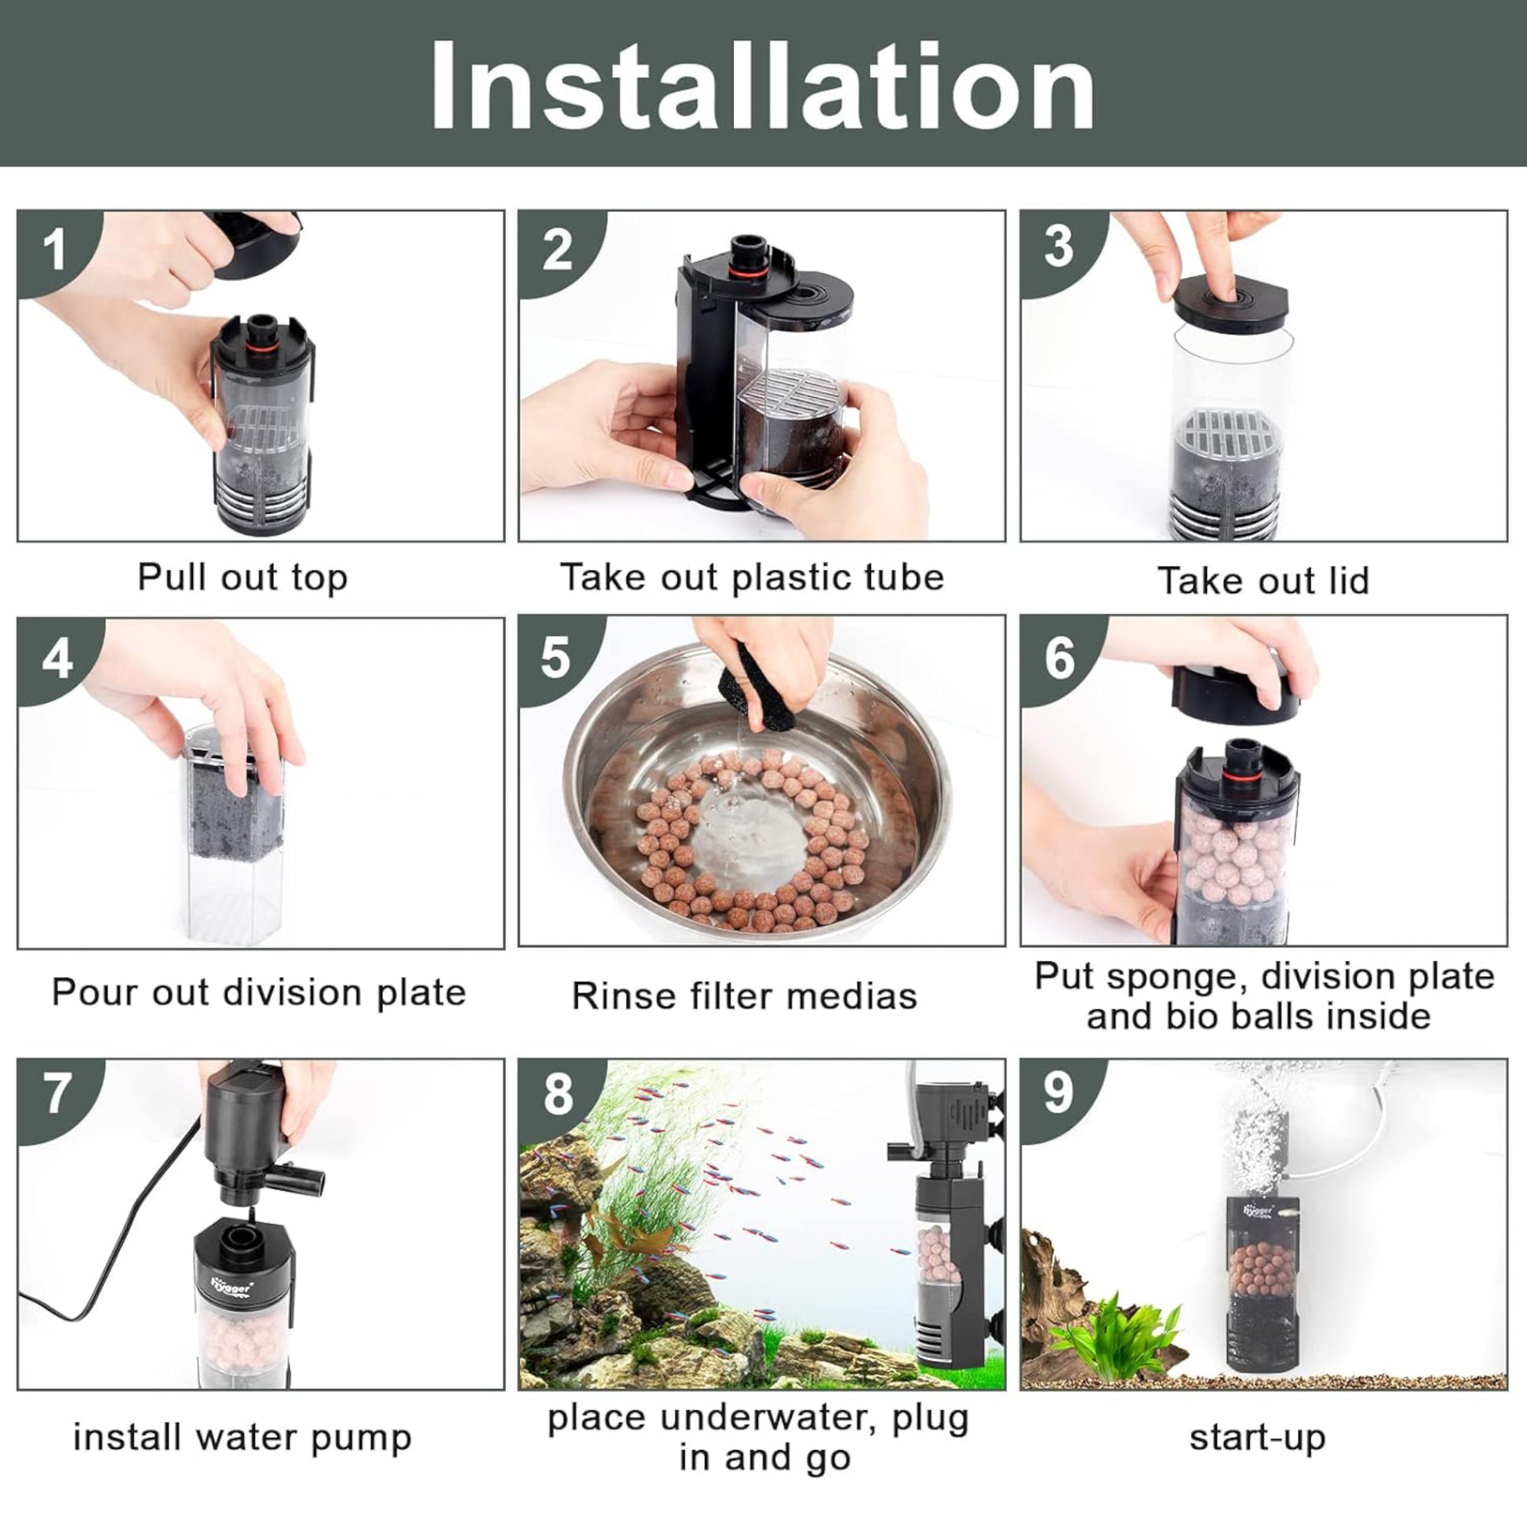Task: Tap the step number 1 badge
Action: tap(53, 250)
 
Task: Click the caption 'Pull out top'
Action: tap(242, 578)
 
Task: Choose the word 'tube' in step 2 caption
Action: tap(903, 577)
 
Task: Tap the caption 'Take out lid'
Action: tap(1263, 580)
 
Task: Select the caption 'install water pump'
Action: tap(242, 1438)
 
